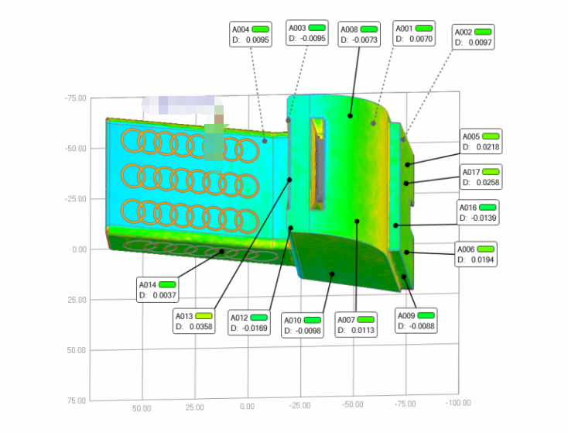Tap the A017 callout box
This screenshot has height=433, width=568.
pos(481,177)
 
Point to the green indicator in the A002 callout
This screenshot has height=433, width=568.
pos(483,32)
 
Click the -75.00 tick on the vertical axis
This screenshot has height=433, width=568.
pos(76,98)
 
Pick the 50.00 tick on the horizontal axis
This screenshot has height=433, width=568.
pos(141,407)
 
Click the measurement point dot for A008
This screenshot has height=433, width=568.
pos(350,116)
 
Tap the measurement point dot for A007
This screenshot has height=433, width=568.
pos(357,222)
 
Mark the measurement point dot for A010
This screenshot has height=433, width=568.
pos(332,273)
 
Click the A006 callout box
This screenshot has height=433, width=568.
pos(474,254)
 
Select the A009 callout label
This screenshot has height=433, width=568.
pos(405,315)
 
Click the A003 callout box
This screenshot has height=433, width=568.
pos(307,33)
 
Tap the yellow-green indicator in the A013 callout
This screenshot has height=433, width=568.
pos(204,315)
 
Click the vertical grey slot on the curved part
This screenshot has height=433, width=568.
pos(318,163)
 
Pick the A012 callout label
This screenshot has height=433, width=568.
pos(239,318)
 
